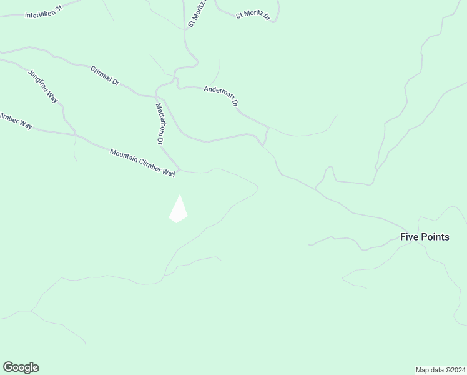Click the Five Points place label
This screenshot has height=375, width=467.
pyautogui.click(x=425, y=237)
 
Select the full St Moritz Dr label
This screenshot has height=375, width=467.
pyautogui.click(x=253, y=14)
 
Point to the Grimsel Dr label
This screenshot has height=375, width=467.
pyautogui.click(x=104, y=75)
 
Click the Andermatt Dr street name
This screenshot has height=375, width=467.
pyautogui.click(x=222, y=96)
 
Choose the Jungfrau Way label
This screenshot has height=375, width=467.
pyautogui.click(x=43, y=86)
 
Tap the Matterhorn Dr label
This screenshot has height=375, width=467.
pyautogui.click(x=159, y=124)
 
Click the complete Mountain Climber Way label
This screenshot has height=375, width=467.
pyautogui.click(x=142, y=162)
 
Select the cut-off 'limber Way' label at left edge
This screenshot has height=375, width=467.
pyautogui.click(x=16, y=120)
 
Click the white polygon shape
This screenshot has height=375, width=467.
pyautogui.click(x=179, y=210)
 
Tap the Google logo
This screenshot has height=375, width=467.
pyautogui.click(x=21, y=367)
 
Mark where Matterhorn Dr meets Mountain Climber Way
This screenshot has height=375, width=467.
pyautogui.click(x=179, y=170)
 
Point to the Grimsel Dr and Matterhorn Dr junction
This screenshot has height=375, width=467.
pyautogui.click(x=155, y=96)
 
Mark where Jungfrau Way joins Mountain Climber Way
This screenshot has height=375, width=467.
pyautogui.click(x=76, y=135)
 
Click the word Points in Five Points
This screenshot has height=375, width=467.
pyautogui.click(x=435, y=237)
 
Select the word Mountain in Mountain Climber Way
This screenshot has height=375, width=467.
pyautogui.click(x=122, y=154)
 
